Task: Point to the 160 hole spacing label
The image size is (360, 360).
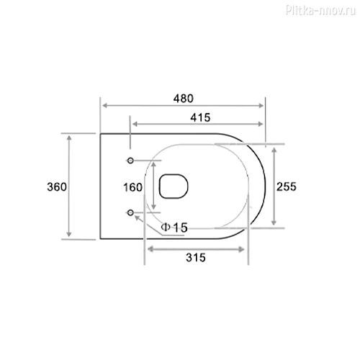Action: coord(132,187)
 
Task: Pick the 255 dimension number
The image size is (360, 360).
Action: coord(287,186)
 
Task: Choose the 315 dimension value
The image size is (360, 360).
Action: coord(195,257)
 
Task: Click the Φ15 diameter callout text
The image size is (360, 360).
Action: coord(174,228)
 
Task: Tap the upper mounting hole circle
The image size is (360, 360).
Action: coord(130,159)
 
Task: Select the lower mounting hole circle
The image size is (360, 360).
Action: coord(130,212)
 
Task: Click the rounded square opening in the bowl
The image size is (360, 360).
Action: coord(171,186)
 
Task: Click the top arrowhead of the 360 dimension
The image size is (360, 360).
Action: coord(70,136)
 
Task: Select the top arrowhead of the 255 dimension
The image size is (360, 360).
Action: coord(275,146)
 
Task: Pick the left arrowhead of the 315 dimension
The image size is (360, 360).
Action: coord(150,249)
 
